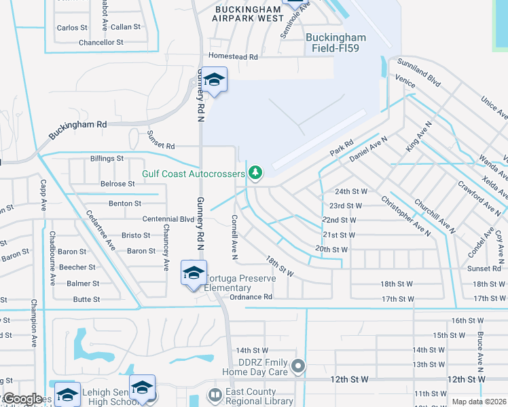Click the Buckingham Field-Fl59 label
tap(335, 43)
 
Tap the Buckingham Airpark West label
tap(247, 14)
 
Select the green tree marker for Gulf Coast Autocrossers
tap(255, 174)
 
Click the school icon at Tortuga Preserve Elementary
tap(194, 273)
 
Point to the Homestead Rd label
tap(234, 57)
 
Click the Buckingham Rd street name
tap(77, 129)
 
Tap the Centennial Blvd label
tap(168, 219)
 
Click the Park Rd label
tap(342, 147)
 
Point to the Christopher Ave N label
tap(405, 216)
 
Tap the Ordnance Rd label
tap(251, 297)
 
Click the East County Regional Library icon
tap(215, 395)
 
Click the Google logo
tap(22, 399)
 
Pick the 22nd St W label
tap(340, 220)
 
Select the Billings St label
tap(107, 158)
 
